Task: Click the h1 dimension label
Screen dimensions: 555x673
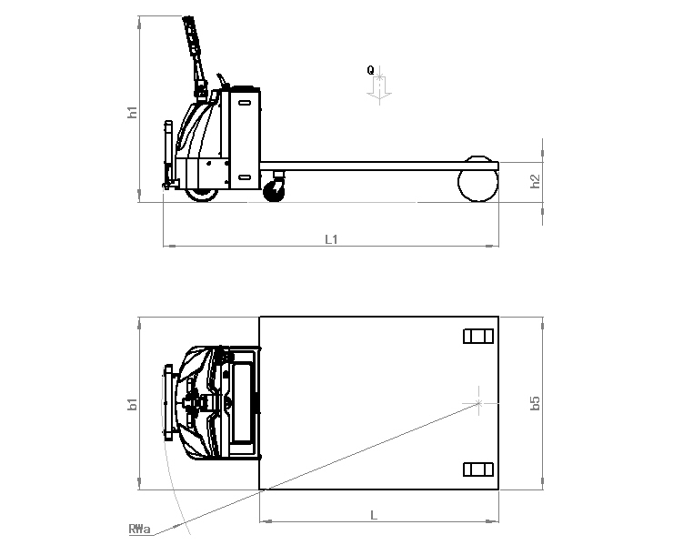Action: [132, 113]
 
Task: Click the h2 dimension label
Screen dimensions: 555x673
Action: [536, 181]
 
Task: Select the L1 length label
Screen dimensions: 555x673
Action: [331, 239]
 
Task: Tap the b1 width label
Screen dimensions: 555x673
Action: [132, 403]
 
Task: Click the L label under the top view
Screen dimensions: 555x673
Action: [374, 515]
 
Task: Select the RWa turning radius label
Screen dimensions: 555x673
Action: [139, 529]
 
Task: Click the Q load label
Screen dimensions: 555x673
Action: [370, 69]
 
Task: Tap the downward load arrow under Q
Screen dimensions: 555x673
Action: [379, 87]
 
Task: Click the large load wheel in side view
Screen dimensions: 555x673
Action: [477, 183]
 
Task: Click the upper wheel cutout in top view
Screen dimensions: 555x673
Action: [477, 337]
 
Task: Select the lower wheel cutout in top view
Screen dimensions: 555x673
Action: [477, 469]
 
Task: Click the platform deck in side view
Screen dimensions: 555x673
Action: [373, 167]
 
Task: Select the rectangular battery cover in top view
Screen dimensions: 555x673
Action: [242, 402]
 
